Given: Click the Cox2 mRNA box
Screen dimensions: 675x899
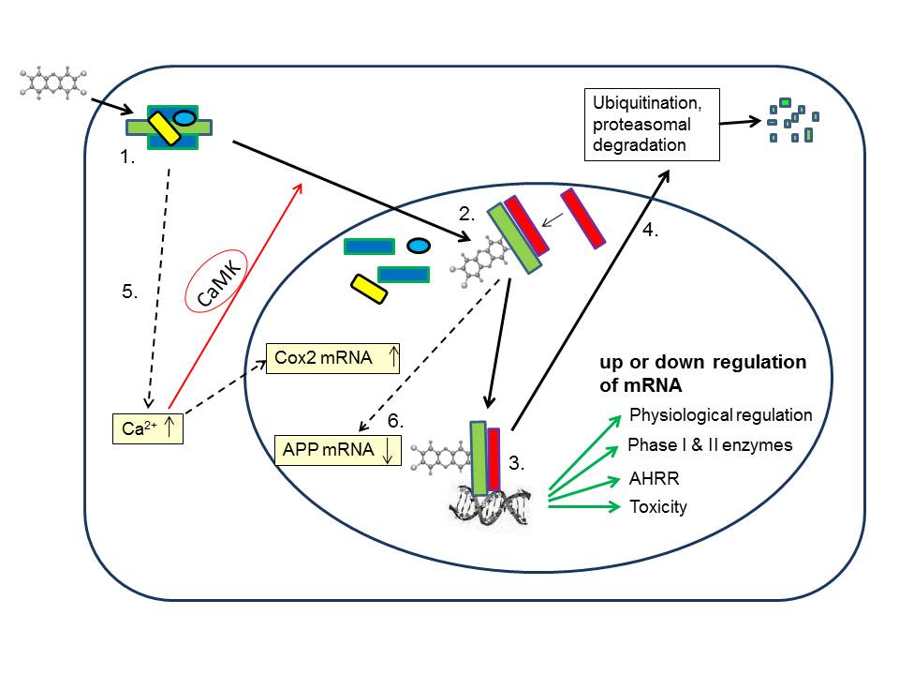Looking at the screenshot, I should pos(333,357).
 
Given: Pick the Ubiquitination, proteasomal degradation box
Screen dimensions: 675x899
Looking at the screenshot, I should pos(650,123).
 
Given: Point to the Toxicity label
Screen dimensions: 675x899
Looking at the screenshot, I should pos(658,507).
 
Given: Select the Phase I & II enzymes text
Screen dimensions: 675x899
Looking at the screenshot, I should pos(710,445).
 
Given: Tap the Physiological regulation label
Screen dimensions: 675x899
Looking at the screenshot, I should pos(721,414).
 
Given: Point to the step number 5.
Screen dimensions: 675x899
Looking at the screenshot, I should pos(130,292).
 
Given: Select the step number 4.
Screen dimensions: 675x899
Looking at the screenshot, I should pos(651,230).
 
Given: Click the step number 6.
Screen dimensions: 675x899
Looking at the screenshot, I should pos(395,423).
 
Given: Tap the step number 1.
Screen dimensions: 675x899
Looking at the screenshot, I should pos(128,158).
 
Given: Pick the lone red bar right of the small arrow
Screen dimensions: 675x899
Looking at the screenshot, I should pos(582,218).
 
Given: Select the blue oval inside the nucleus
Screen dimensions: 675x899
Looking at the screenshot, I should pos(418,246).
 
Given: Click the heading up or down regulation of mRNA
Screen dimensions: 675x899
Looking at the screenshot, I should pos(702,372).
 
